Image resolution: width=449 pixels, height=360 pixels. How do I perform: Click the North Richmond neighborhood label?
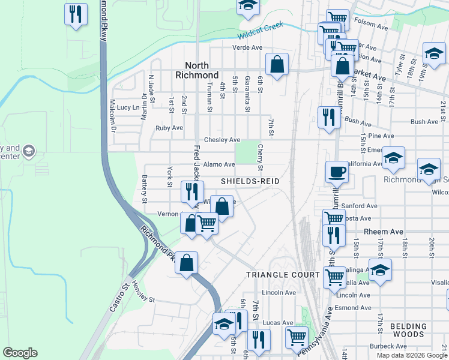click(197, 70)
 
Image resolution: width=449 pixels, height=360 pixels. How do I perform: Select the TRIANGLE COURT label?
click(283, 274)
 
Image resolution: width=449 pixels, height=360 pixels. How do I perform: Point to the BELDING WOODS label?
click(408, 331)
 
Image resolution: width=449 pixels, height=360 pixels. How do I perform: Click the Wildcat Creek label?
click(261, 26)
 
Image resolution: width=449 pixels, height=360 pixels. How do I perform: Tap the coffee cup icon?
click(337, 172)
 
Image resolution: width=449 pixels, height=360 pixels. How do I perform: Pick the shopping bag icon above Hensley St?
click(187, 263)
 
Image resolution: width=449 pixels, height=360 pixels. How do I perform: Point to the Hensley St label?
click(144, 299)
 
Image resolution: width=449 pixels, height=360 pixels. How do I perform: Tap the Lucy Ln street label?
click(128, 107)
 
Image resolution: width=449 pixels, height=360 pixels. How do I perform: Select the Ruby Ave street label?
click(169, 128)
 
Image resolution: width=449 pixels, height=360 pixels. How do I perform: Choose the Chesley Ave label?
click(222, 140)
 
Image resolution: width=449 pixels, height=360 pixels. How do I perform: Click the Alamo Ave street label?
click(219, 164)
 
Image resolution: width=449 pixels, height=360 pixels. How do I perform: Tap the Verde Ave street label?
click(249, 48)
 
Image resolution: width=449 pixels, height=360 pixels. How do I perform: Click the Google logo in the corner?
click(20, 353)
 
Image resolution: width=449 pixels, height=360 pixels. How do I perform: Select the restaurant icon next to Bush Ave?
click(328, 117)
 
